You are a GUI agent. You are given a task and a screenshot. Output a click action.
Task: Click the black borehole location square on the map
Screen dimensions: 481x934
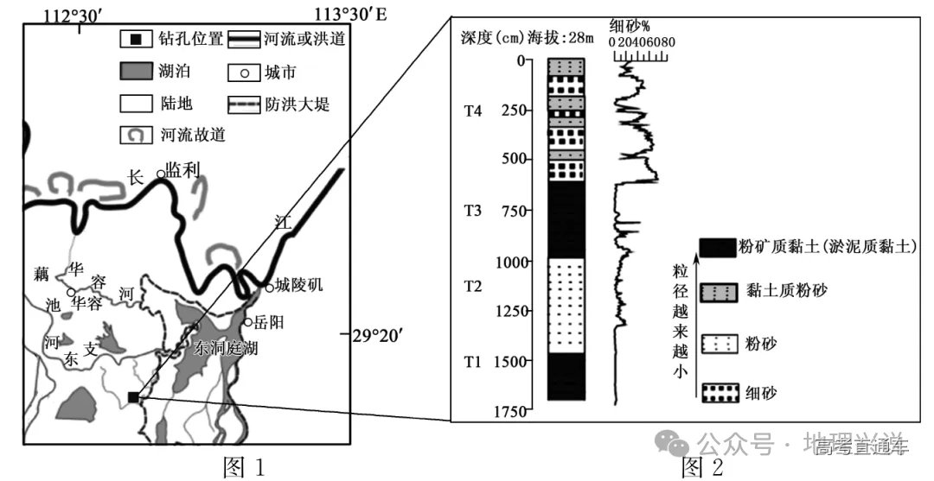click(132, 396)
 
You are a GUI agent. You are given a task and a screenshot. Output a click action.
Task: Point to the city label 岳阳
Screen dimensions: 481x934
click(270, 322)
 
